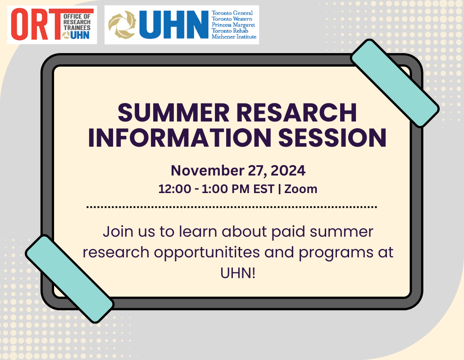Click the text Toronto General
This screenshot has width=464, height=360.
(x=232, y=13)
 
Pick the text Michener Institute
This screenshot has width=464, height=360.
(x=234, y=36)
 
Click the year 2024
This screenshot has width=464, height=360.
(x=287, y=171)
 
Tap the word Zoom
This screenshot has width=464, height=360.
(x=302, y=189)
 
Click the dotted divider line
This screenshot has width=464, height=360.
(x=232, y=207)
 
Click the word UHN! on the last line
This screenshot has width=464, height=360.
(x=232, y=273)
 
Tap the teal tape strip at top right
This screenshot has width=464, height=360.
(x=395, y=84)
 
